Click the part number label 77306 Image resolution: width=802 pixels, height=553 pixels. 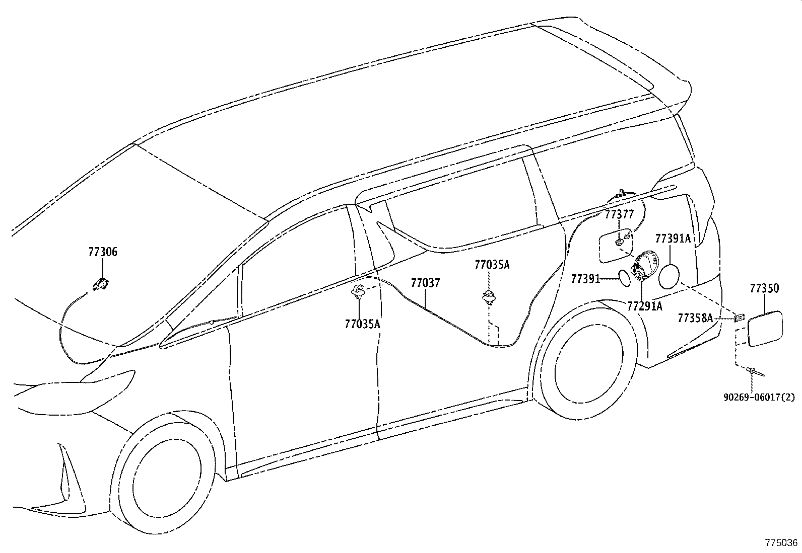pyautogui.click(x=103, y=252)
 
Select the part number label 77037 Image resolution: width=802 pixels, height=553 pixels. pyautogui.click(x=425, y=283)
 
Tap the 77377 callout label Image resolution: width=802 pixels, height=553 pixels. pyautogui.click(x=619, y=215)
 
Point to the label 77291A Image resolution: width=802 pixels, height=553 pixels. pyautogui.click(x=645, y=306)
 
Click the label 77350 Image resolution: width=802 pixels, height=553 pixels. pyautogui.click(x=764, y=288)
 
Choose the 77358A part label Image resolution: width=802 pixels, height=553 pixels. pyautogui.click(x=695, y=318)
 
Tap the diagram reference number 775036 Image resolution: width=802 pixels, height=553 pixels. pyautogui.click(x=781, y=543)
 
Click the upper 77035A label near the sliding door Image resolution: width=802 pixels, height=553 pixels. pyautogui.click(x=492, y=265)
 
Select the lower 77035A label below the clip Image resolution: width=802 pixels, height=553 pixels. pyautogui.click(x=362, y=325)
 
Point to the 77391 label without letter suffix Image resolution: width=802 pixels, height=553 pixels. pyautogui.click(x=585, y=278)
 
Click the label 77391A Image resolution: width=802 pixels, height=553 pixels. pyautogui.click(x=673, y=239)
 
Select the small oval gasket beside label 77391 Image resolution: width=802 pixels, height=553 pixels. pyautogui.click(x=624, y=277)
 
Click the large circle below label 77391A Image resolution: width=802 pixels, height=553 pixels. pyautogui.click(x=669, y=276)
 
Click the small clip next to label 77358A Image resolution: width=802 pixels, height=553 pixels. pyautogui.click(x=739, y=317)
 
